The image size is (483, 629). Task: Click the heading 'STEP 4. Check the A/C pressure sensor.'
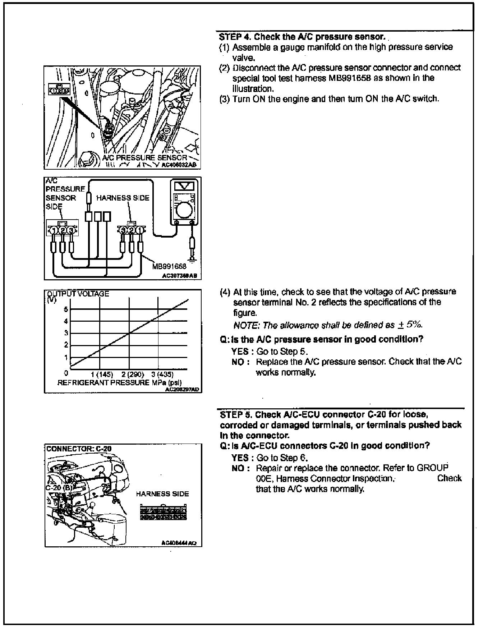(x=302, y=37)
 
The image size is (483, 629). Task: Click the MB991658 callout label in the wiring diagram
(x=169, y=266)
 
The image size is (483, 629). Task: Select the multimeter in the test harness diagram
(x=184, y=203)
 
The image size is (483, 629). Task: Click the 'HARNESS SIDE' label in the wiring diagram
(x=123, y=198)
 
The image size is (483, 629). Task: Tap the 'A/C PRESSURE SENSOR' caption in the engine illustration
(x=145, y=157)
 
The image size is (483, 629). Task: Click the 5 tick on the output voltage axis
(x=66, y=309)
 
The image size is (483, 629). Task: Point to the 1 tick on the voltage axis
(x=66, y=358)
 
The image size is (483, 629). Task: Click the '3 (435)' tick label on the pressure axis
(x=162, y=375)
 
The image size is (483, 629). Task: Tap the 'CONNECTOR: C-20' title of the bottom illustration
(x=79, y=449)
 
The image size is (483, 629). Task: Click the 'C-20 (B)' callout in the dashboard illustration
(x=59, y=488)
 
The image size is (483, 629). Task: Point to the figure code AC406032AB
(x=179, y=166)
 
